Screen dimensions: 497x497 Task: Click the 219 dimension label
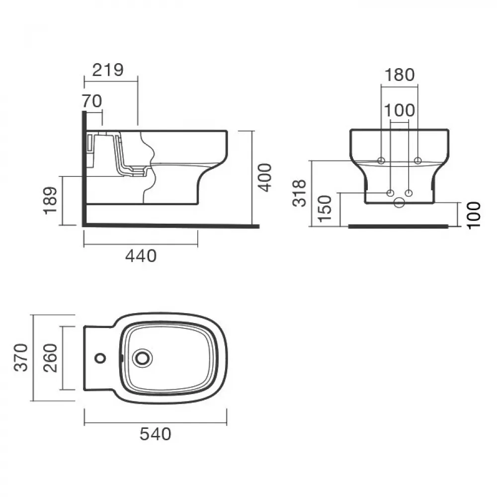click(x=108, y=70)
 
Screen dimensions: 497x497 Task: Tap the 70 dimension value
click(x=92, y=101)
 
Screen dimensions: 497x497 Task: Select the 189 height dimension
click(x=51, y=201)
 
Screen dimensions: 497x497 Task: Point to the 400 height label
click(x=264, y=177)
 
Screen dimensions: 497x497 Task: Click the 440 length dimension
click(x=141, y=256)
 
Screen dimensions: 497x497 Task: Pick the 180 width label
click(x=400, y=75)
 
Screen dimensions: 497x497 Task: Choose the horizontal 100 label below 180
click(x=400, y=110)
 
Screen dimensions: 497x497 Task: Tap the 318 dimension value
click(x=300, y=193)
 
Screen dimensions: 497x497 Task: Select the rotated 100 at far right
click(x=474, y=215)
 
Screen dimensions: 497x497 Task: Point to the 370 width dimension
click(x=21, y=357)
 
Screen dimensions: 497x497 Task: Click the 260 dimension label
click(x=50, y=358)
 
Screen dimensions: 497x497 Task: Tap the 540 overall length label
click(x=155, y=434)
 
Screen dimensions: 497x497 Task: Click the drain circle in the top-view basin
click(x=142, y=358)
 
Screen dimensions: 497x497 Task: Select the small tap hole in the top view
click(x=100, y=358)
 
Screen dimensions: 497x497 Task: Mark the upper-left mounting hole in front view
click(x=381, y=161)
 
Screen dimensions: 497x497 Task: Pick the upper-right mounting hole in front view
click(x=418, y=161)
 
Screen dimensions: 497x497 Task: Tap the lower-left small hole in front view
click(x=391, y=193)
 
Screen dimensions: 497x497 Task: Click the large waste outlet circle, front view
click(x=400, y=203)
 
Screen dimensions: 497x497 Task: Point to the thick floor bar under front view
click(x=399, y=226)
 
